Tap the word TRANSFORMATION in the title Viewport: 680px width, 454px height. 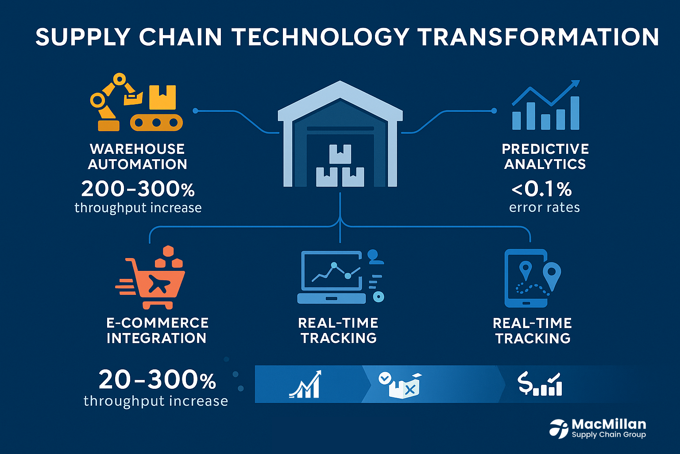538,37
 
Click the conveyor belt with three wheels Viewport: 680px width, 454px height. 156,122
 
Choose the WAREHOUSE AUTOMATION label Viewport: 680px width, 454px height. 137,157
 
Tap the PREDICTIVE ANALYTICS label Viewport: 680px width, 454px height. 545,157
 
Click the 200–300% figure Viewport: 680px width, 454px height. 138,189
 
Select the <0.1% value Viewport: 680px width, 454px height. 542,189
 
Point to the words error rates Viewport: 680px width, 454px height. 544,207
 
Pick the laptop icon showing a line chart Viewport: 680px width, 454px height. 332,277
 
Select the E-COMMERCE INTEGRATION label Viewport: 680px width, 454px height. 157,330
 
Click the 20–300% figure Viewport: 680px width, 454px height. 157,380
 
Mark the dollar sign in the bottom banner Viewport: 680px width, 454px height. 525,384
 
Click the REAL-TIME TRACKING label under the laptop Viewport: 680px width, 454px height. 339,330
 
